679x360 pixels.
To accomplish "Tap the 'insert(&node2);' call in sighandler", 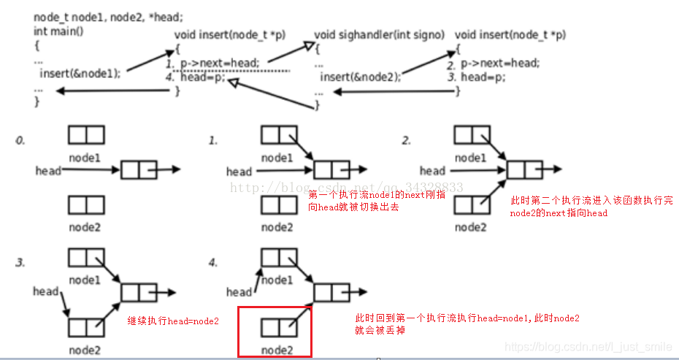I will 361,77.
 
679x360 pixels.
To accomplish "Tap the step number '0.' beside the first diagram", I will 20,139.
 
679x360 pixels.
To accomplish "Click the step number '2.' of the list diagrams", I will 407,139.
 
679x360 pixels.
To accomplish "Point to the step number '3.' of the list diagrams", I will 20,261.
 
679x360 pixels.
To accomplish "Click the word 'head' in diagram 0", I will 47,171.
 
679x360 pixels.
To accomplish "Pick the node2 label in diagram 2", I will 471,227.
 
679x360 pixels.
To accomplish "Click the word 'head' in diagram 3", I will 45,291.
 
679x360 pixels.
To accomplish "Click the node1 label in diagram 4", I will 278,280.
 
